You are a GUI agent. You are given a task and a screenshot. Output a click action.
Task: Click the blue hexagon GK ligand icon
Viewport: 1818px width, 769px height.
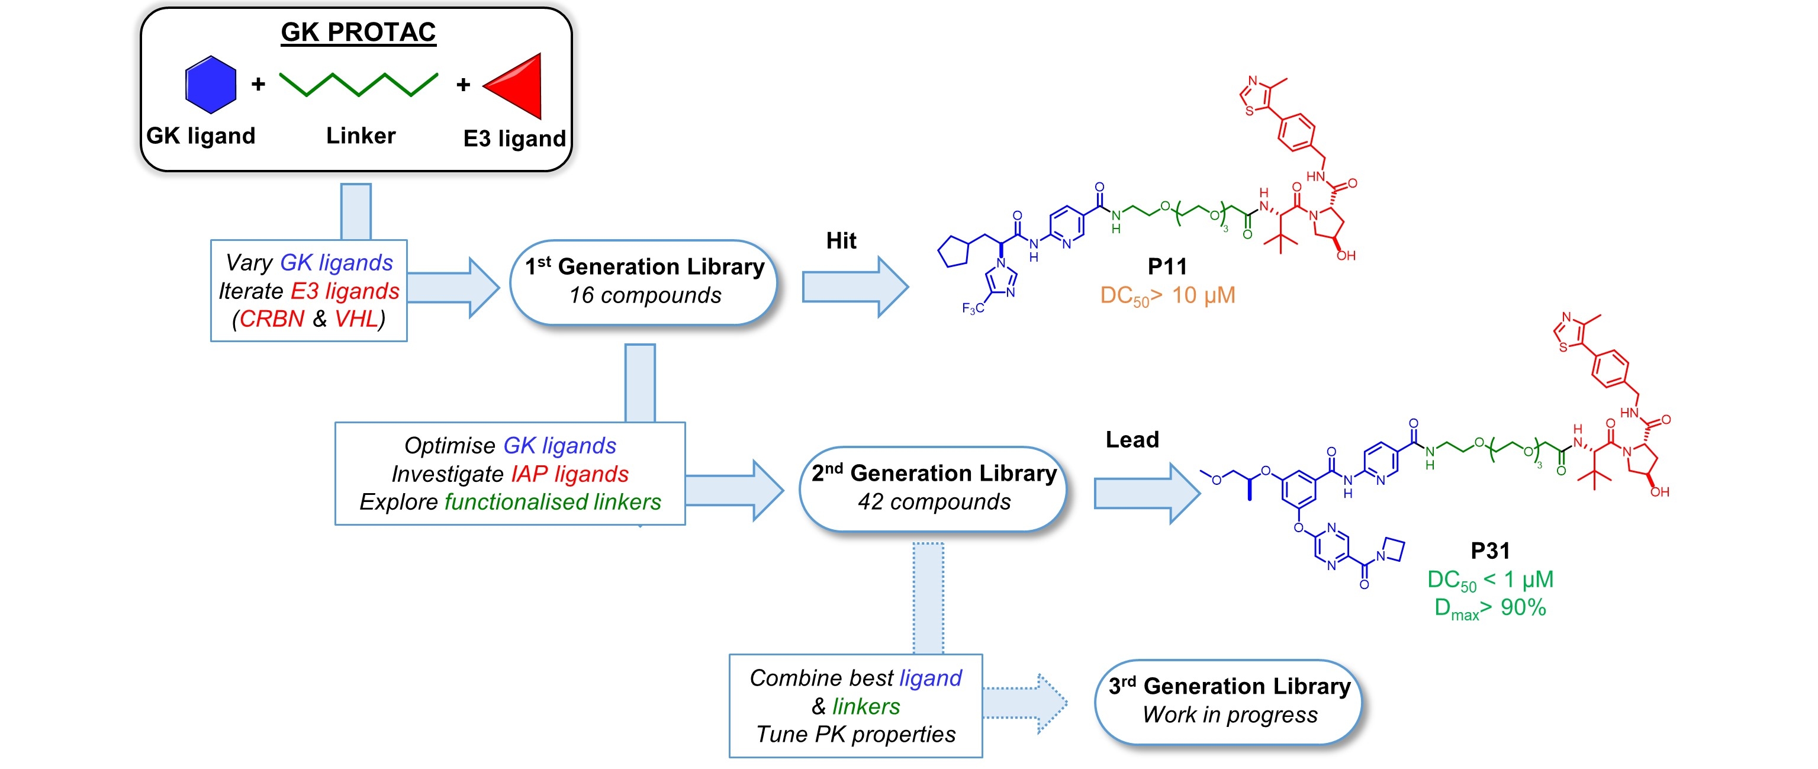click(210, 85)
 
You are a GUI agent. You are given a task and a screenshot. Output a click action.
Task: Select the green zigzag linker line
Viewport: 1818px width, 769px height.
click(359, 84)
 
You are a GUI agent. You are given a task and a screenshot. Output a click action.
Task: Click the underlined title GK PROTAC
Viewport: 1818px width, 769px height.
click(359, 33)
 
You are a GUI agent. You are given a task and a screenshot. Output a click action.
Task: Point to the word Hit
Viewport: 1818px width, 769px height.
click(841, 240)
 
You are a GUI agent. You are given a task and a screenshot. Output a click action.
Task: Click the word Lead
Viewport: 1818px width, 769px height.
click(1132, 439)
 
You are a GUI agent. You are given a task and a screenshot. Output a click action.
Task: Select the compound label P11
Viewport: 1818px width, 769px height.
click(1167, 266)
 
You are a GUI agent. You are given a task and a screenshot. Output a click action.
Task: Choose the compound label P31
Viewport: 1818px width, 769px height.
click(1490, 551)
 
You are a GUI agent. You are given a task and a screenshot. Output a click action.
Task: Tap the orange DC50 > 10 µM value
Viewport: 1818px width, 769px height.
click(1167, 295)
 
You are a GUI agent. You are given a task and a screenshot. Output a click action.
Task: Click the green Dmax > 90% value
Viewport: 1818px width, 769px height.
click(1490, 608)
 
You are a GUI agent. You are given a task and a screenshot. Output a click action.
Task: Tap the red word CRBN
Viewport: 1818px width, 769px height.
click(272, 319)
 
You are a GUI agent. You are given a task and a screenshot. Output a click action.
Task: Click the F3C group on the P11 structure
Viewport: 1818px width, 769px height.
click(973, 308)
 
